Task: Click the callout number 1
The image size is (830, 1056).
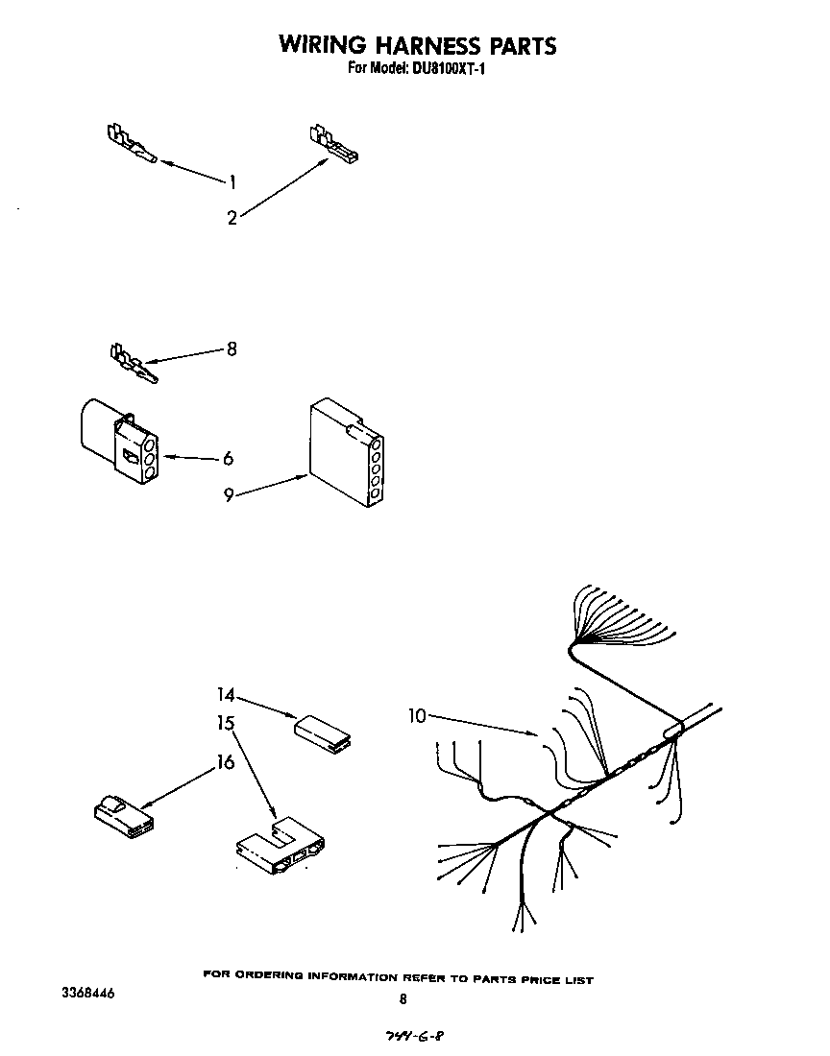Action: pyautogui.click(x=232, y=180)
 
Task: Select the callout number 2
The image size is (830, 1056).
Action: pyautogui.click(x=232, y=218)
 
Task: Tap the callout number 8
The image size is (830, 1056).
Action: pyautogui.click(x=232, y=349)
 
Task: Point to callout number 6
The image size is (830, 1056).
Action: pyautogui.click(x=229, y=459)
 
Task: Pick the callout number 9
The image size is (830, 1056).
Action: pyautogui.click(x=229, y=495)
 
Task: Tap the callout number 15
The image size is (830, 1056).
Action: pyautogui.click(x=225, y=722)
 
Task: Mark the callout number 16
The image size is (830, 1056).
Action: pyautogui.click(x=225, y=762)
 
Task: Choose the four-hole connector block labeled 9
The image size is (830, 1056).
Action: pyautogui.click(x=346, y=453)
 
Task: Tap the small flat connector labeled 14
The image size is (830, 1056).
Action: pyautogui.click(x=324, y=731)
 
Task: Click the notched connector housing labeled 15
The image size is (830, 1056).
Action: pyautogui.click(x=280, y=843)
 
